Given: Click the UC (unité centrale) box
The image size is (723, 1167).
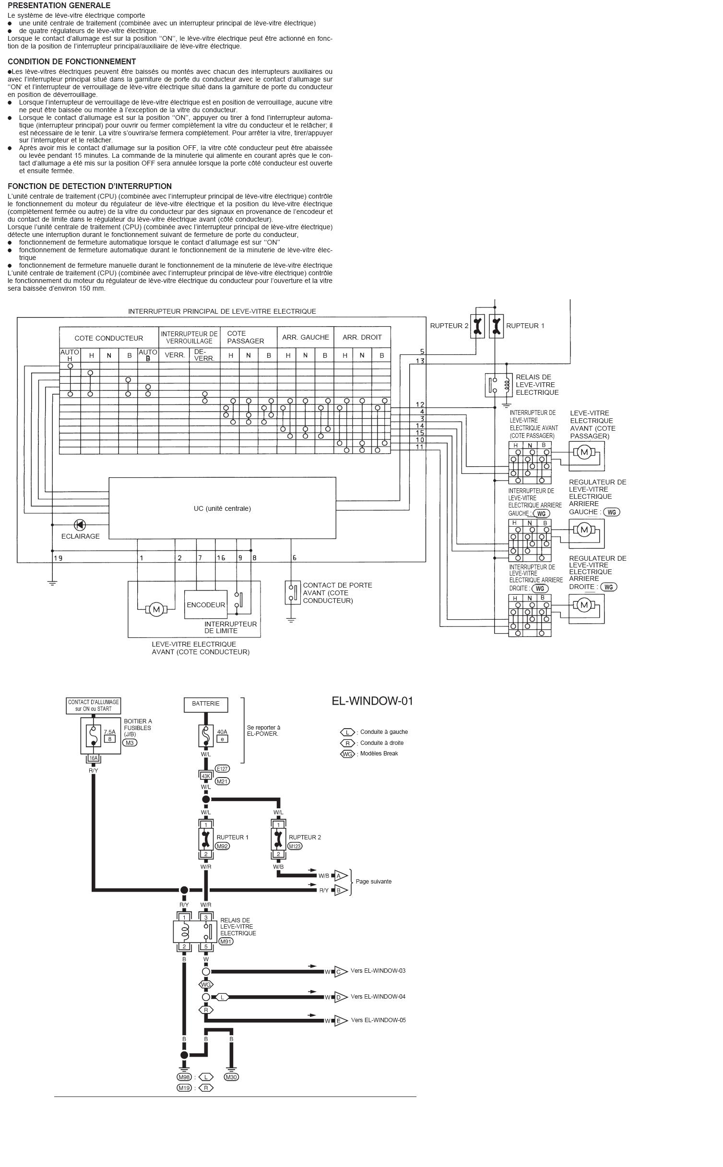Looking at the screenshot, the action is pyautogui.click(x=222, y=508).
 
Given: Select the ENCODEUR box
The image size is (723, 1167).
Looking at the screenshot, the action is pyautogui.click(x=206, y=605).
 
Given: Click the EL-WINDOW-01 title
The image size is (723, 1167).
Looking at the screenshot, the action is pyautogui.click(x=372, y=701).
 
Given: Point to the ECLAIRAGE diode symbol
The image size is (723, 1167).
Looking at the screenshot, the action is pyautogui.click(x=80, y=525).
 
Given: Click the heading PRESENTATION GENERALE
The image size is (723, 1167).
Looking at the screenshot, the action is pyautogui.click(x=59, y=5).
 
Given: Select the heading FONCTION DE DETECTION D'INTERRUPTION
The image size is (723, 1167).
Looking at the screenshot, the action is pyautogui.click(x=90, y=186).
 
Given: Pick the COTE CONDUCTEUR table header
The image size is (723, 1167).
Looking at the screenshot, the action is pyautogui.click(x=109, y=338).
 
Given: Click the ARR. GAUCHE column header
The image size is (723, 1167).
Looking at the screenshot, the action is pyautogui.click(x=306, y=337).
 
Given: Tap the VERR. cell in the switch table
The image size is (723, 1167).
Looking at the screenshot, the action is pyautogui.click(x=175, y=355).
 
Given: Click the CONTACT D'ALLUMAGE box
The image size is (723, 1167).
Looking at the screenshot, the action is pyautogui.click(x=94, y=705).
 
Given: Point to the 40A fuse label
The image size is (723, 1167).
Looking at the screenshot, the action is pyautogui.click(x=222, y=732).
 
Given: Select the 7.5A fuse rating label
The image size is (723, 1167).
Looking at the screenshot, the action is pyautogui.click(x=109, y=732).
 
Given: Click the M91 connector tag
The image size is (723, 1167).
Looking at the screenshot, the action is pyautogui.click(x=226, y=941).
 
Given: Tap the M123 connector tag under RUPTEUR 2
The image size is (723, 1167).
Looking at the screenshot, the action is pyautogui.click(x=295, y=846).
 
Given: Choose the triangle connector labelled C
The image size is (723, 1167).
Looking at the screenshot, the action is pyautogui.click(x=340, y=972).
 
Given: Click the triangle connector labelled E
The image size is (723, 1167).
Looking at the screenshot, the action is pyautogui.click(x=340, y=1021).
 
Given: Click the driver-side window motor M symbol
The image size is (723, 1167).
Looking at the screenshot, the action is pyautogui.click(x=156, y=609).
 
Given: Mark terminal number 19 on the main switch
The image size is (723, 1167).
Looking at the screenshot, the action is pyautogui.click(x=58, y=558).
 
